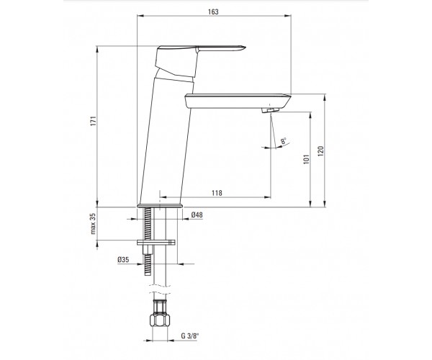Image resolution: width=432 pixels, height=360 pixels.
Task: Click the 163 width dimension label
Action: pyautogui.click(x=213, y=12)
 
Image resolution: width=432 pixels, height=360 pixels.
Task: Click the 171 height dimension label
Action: pyautogui.click(x=94, y=121)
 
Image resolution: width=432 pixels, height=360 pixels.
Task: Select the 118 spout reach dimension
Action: pyautogui.click(x=217, y=193)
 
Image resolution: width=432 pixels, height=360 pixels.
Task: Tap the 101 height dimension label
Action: pyautogui.click(x=307, y=159)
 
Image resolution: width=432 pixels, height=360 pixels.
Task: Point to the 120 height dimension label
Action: pyautogui.click(x=320, y=151)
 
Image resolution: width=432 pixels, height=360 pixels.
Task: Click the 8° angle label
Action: pyautogui.click(x=284, y=140)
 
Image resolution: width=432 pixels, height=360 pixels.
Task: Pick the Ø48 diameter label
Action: pyautogui.click(x=197, y=215)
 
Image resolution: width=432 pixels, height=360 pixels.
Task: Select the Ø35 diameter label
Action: pyautogui.click(x=123, y=259)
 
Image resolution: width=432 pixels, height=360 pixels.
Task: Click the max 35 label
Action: pyautogui.click(x=93, y=224)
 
